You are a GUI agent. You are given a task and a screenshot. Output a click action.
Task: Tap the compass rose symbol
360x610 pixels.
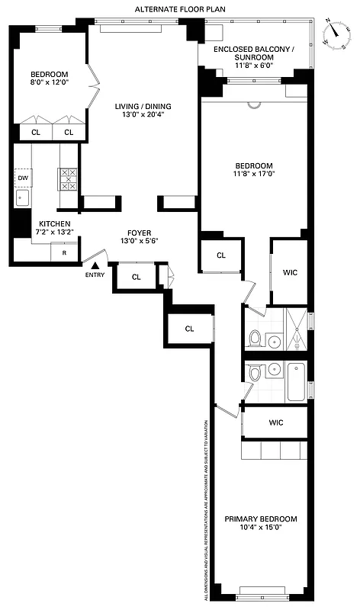coord(335,33)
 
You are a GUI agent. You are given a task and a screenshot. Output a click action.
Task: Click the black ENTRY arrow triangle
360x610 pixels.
coord(95,267)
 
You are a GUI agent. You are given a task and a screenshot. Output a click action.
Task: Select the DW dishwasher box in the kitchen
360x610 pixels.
coord(22,178)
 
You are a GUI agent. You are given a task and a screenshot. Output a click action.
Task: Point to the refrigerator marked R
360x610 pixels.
coord(63,252)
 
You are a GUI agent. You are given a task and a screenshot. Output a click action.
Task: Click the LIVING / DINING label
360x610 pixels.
coord(143,106)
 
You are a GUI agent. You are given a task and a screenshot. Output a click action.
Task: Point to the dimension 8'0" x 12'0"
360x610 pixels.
coord(49,82)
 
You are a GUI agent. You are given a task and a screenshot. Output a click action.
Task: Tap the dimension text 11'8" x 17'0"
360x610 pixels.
coord(252,175)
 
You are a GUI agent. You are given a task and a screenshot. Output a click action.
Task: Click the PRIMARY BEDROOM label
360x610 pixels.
coord(260,518)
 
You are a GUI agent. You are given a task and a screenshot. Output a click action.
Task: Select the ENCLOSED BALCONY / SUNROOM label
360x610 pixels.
coord(252,53)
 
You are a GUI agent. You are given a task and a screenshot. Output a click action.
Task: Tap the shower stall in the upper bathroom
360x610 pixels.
coord(295,328)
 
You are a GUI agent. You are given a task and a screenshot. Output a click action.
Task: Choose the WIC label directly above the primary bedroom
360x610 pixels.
coord(276,422)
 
